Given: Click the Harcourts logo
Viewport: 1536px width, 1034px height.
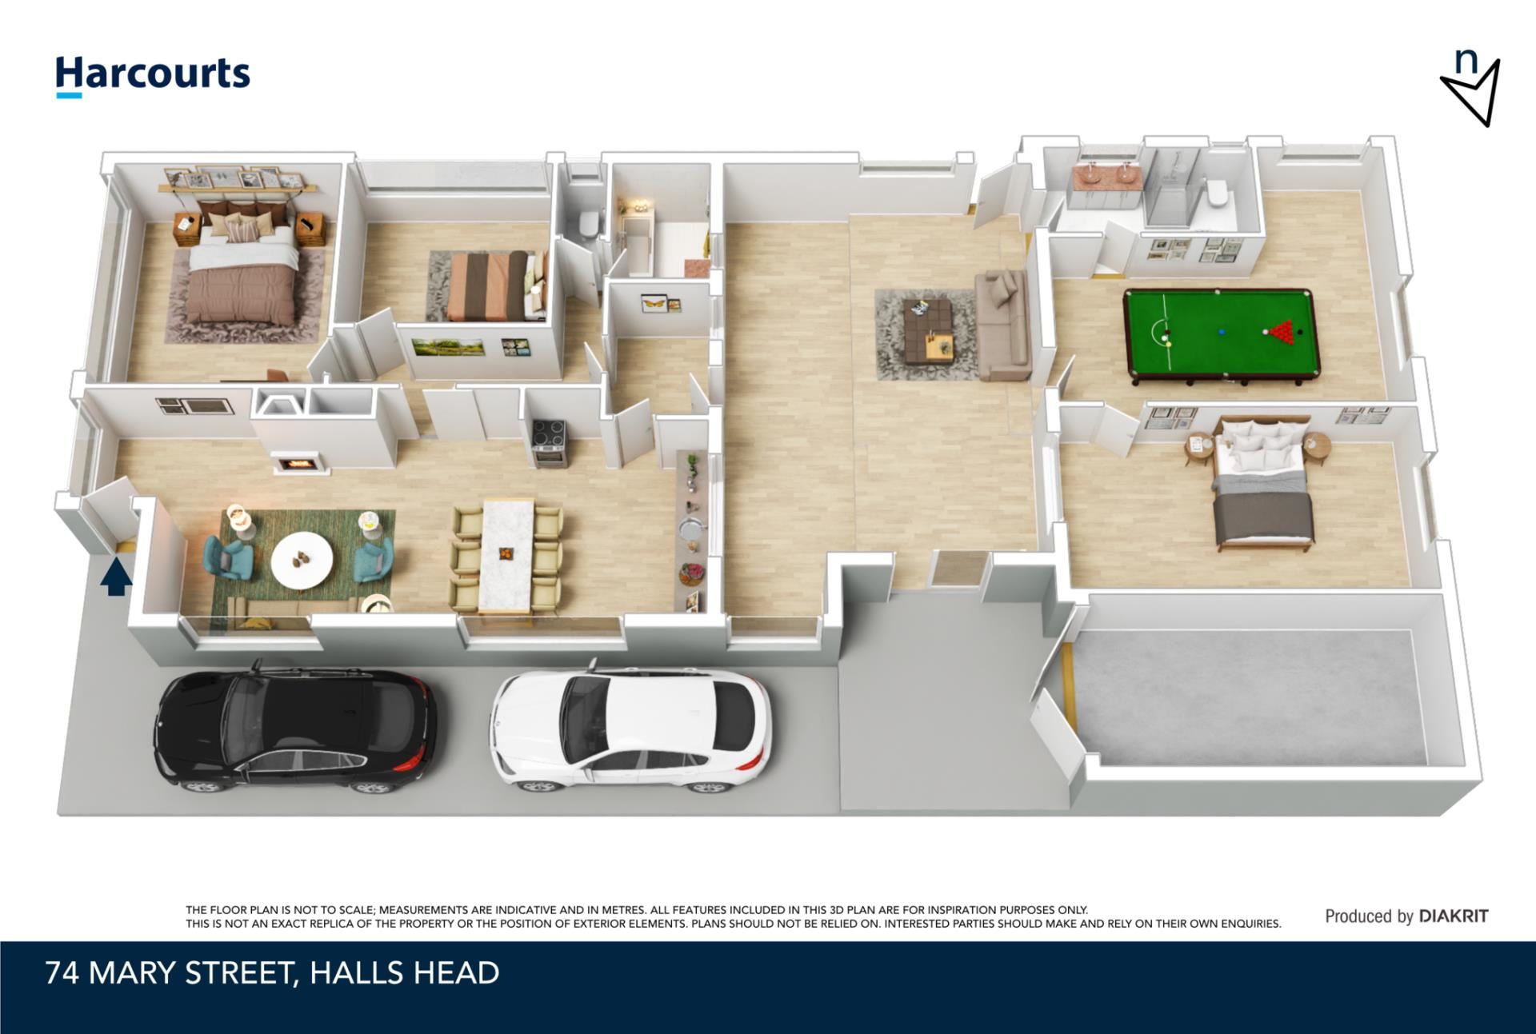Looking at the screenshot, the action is click(x=152, y=77).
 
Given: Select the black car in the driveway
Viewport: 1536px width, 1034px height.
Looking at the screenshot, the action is click(x=295, y=727).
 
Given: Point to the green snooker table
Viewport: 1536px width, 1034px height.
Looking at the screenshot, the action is click(x=1222, y=334).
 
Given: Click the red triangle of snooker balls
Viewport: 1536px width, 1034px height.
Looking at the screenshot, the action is click(x=1279, y=330).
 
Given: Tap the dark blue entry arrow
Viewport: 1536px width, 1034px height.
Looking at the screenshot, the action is click(x=116, y=577).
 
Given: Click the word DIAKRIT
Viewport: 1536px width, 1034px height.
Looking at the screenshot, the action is click(x=1454, y=916).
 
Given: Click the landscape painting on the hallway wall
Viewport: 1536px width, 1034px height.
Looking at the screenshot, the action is click(x=448, y=346).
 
